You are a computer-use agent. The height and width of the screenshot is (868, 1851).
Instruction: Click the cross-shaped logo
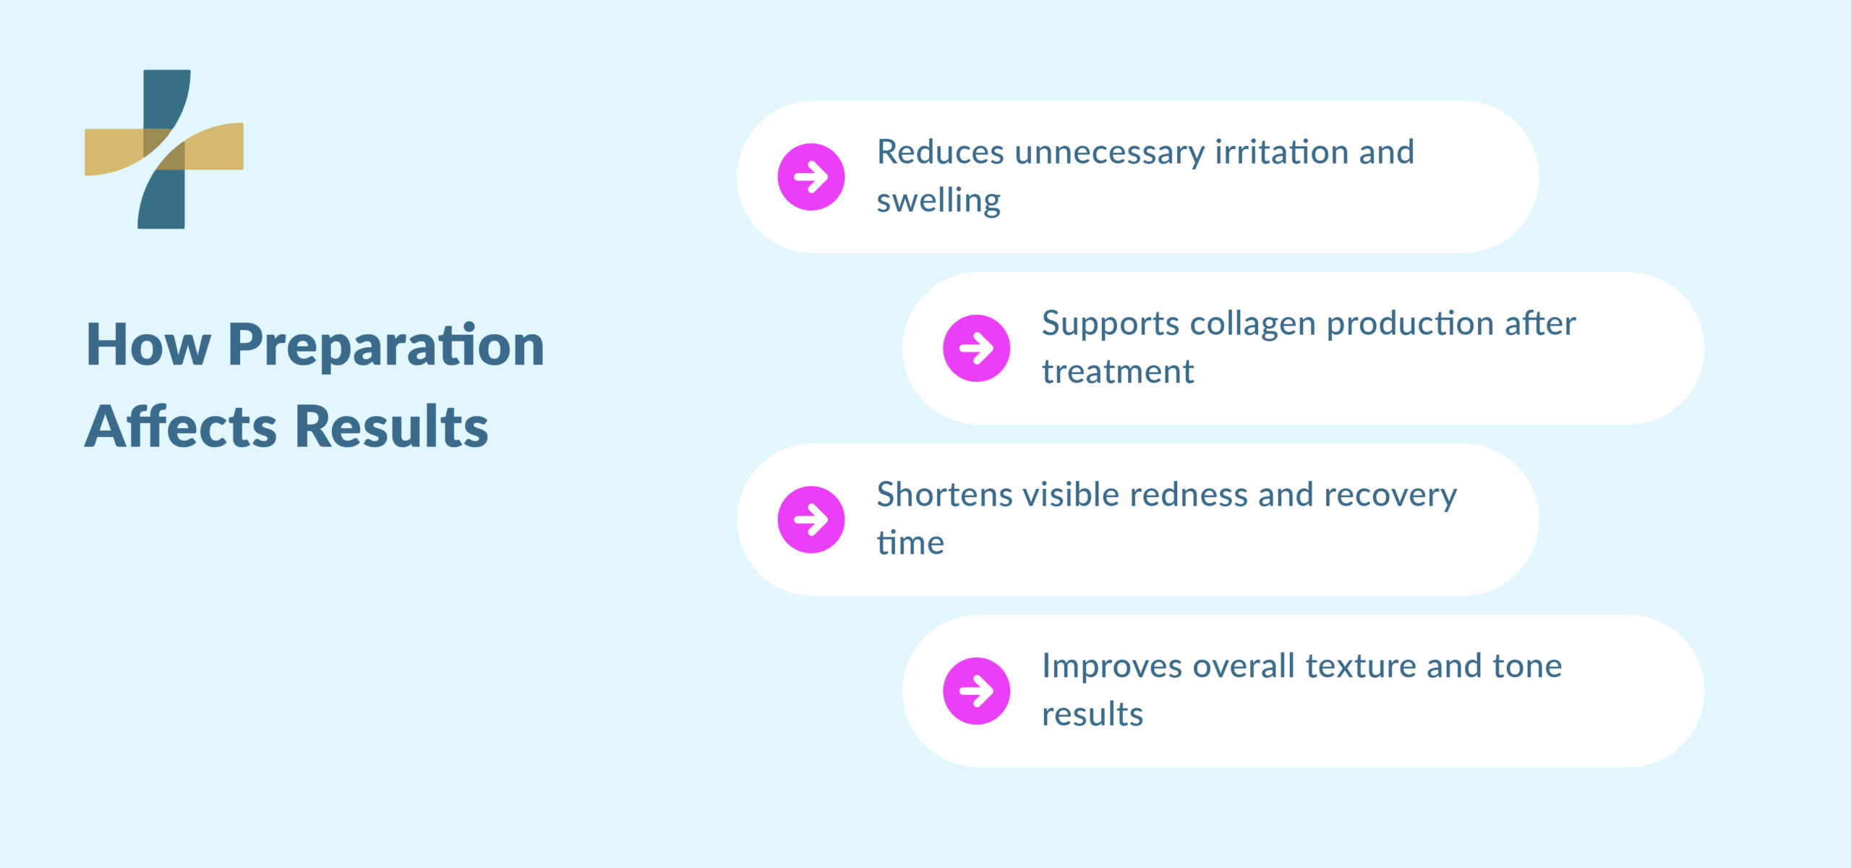[164, 149]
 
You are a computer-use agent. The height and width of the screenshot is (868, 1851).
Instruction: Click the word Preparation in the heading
[385, 346]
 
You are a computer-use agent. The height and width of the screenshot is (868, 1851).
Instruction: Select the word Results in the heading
[391, 427]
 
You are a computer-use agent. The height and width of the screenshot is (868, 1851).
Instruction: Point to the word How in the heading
[148, 346]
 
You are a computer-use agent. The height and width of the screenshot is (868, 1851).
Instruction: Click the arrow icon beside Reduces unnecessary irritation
[811, 177]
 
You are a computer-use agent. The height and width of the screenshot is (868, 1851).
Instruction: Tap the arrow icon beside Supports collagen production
[976, 348]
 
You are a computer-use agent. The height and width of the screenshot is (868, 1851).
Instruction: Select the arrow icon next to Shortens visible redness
[811, 519]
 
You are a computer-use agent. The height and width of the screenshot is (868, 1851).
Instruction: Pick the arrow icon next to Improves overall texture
[976, 691]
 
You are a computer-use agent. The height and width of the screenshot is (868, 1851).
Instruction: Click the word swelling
[939, 201]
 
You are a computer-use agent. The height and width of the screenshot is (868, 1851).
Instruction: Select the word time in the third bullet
[910, 543]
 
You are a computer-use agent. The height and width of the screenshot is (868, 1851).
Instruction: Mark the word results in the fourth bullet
[1092, 715]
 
